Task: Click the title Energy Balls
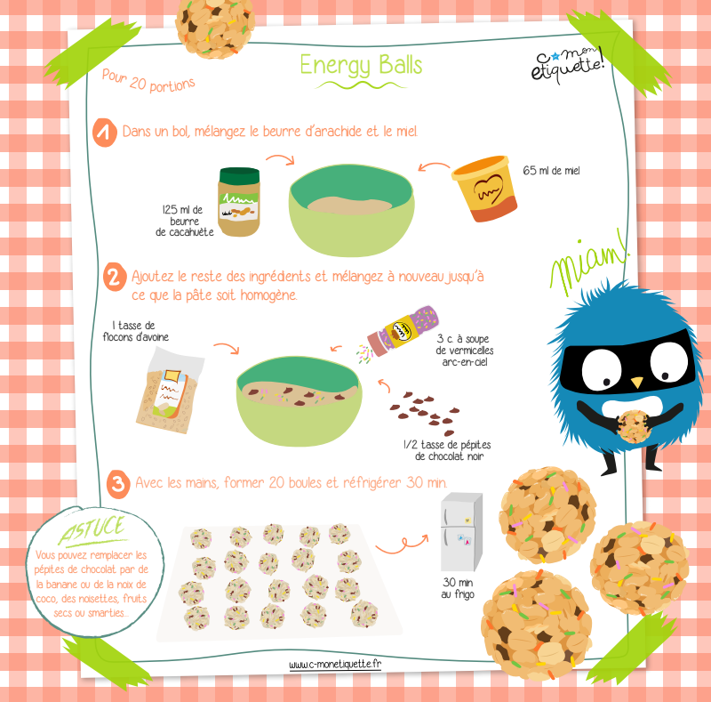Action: point(361,65)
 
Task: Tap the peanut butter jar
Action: point(239,202)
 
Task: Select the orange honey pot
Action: point(484,189)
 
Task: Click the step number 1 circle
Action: point(105,133)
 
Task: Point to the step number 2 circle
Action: point(115,277)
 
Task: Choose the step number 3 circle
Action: point(118,484)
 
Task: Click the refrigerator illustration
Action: point(461,532)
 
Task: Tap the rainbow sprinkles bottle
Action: point(403,331)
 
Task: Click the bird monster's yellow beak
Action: point(637,383)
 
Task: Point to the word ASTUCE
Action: point(92,530)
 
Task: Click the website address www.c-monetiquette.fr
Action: point(335,665)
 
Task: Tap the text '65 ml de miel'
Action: point(551,171)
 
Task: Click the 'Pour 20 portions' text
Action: point(148,81)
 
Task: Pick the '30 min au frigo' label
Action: point(458,588)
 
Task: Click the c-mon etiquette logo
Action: point(567,65)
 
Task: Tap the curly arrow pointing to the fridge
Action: point(402,544)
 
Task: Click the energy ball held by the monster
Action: point(634,427)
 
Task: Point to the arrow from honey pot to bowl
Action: point(434,166)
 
